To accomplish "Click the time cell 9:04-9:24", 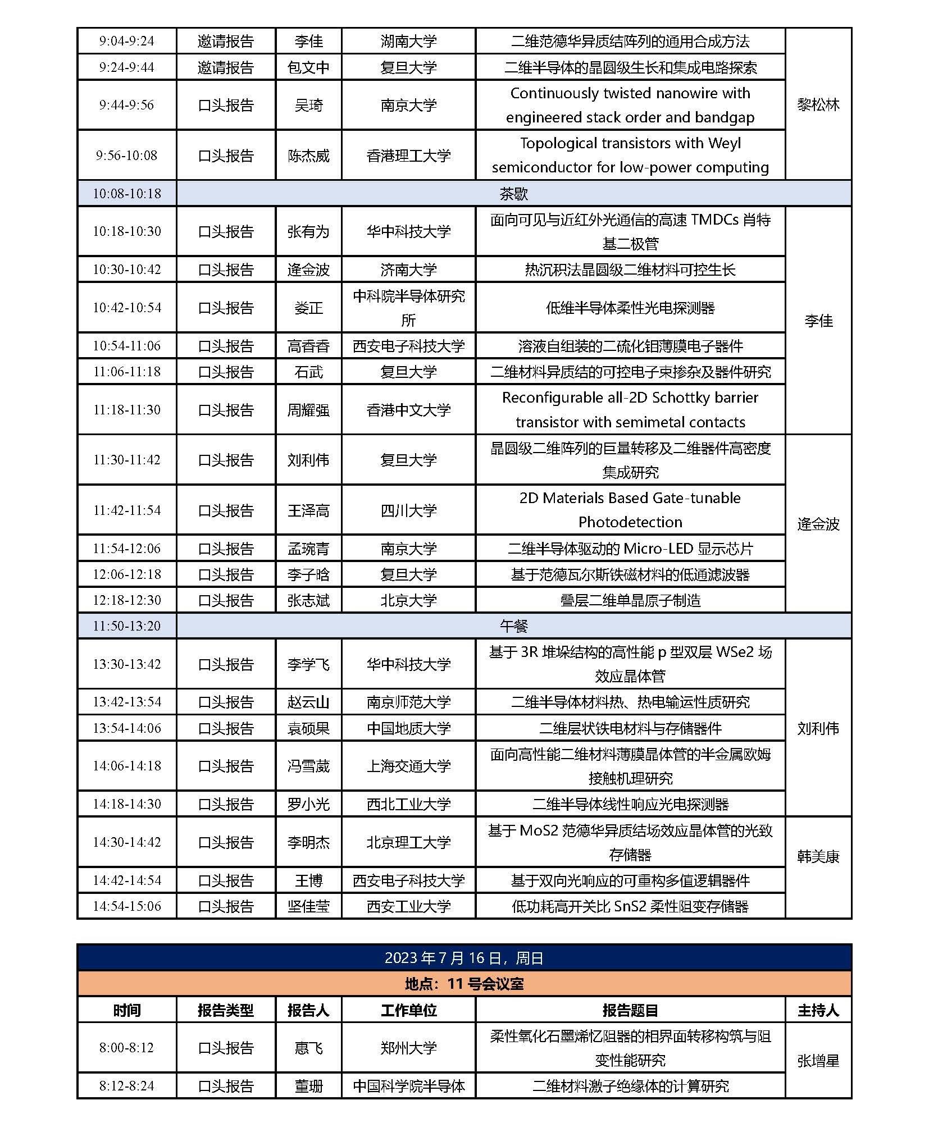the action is (x=126, y=41).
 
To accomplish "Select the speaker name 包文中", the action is (x=308, y=67).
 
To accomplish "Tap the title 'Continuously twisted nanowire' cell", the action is (x=630, y=105).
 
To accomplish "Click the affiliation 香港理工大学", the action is (x=408, y=156).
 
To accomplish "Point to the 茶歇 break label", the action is (x=513, y=194).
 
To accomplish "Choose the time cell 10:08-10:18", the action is (x=126, y=194).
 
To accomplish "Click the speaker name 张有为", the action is (x=308, y=231).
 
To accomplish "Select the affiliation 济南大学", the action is (x=408, y=270).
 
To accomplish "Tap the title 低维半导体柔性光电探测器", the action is (x=630, y=308).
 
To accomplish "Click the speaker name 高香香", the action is (x=308, y=346).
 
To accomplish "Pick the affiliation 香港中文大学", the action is (x=408, y=410).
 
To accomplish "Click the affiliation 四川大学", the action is (x=408, y=510).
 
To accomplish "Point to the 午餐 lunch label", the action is (x=513, y=626).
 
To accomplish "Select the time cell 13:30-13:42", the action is (x=126, y=664).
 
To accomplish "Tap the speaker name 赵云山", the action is (x=308, y=702).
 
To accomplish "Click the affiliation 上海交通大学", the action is (x=408, y=766).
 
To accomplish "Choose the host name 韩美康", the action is (x=818, y=857).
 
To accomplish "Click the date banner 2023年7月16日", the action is (x=464, y=958).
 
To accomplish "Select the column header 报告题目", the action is (x=630, y=1011).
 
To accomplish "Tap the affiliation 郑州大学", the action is (x=408, y=1048).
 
